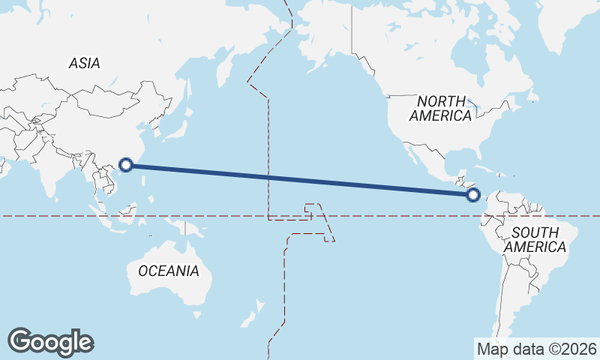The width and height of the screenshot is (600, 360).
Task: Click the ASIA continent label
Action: pyautogui.click(x=84, y=64)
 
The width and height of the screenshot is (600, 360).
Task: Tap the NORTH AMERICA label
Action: pyautogui.click(x=441, y=108)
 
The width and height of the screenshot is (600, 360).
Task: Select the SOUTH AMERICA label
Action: pyautogui.click(x=535, y=239)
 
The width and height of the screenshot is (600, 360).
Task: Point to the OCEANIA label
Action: pyautogui.click(x=169, y=271)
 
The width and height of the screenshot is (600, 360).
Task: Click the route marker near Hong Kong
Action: pyautogui.click(x=127, y=165)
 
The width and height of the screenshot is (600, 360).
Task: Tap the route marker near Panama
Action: pyautogui.click(x=472, y=195)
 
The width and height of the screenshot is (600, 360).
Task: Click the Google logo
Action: pyautogui.click(x=50, y=341)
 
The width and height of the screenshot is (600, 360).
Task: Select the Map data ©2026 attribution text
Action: pyautogui.click(x=537, y=349)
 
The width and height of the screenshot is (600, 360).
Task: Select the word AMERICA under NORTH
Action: pyautogui.click(x=441, y=116)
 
